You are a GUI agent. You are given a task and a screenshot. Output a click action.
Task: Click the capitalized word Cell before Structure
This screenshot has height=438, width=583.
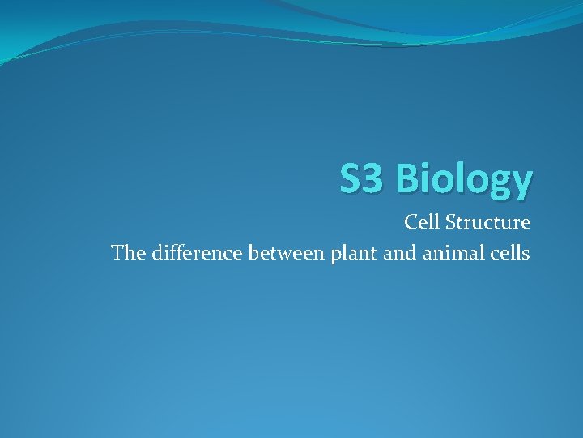pyautogui.click(x=420, y=221)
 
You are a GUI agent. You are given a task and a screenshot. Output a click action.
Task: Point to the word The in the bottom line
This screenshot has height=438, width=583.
pyautogui.click(x=126, y=253)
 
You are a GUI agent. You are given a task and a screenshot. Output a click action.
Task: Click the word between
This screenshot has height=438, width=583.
pyautogui.click(x=287, y=253)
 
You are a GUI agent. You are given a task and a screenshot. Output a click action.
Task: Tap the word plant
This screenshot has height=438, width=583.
pyautogui.click(x=351, y=254)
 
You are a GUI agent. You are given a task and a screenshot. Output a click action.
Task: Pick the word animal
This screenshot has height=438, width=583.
pyautogui.click(x=449, y=253)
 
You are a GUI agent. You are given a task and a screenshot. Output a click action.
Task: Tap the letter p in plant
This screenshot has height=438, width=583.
pyautogui.click(x=336, y=255)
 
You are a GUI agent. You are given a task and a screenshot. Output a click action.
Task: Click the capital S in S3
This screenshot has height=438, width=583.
pyautogui.click(x=349, y=178)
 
